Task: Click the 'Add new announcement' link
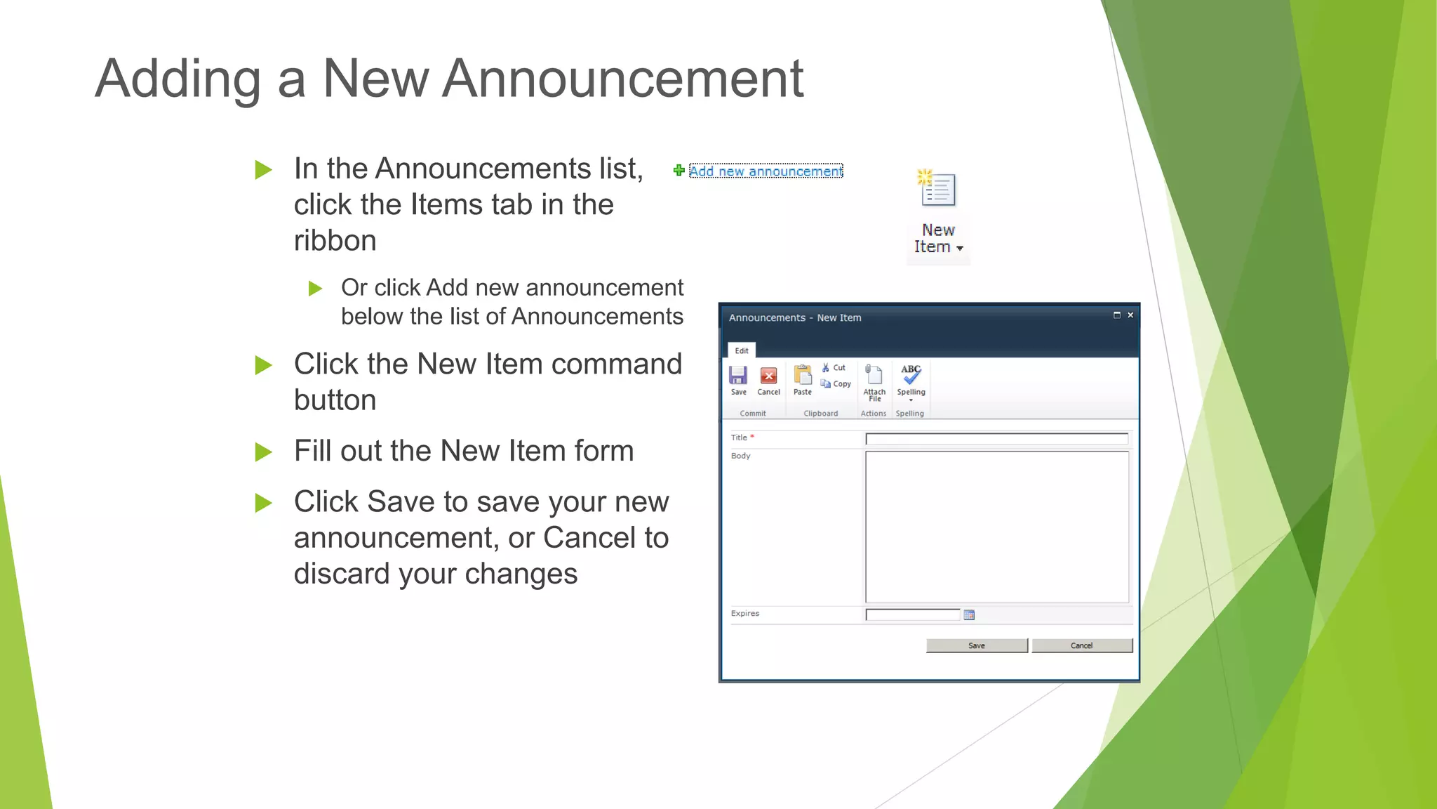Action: pos(766,171)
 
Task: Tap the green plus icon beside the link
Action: pos(679,171)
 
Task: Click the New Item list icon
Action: pos(938,189)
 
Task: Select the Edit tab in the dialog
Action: pos(742,350)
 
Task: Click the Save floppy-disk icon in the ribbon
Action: pos(738,376)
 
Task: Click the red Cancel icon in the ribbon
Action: pos(769,376)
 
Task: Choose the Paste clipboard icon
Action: pos(803,376)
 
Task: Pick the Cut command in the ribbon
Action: pos(834,368)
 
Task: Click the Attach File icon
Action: pos(874,375)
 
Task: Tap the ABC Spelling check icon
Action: pos(911,374)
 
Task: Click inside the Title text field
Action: pos(996,439)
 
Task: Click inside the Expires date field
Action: pos(912,615)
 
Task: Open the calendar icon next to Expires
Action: pos(970,615)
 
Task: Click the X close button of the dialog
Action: pos(1130,315)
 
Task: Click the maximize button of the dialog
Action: pos(1117,315)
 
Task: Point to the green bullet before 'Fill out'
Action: pos(263,452)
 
